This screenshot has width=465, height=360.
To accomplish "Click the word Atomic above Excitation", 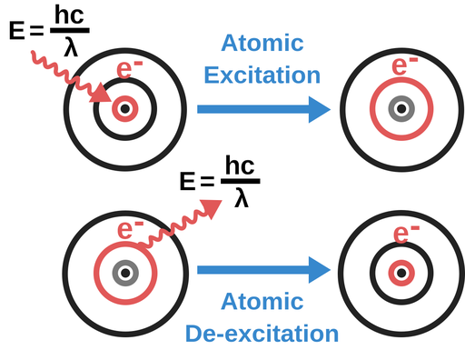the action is pyautogui.click(x=262, y=43).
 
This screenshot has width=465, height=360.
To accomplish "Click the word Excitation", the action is pyautogui.click(x=262, y=75).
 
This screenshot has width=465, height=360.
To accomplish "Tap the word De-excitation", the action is pyautogui.click(x=262, y=334).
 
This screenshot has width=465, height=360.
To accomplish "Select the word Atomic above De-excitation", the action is pyautogui.click(x=262, y=301).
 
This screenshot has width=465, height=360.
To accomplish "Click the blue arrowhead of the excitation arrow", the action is pyautogui.click(x=319, y=109).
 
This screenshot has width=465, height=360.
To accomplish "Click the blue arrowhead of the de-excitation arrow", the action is pyautogui.click(x=319, y=270).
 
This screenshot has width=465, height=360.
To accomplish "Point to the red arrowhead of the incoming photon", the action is pyautogui.click(x=102, y=94).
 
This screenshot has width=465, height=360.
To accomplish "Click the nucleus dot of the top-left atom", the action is pyautogui.click(x=125, y=109).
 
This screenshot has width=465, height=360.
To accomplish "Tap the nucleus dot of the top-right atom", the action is pyautogui.click(x=401, y=109).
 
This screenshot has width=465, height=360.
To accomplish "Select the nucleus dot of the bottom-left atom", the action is pyautogui.click(x=125, y=273).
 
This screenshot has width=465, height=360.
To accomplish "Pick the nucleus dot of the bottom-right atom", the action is pyautogui.click(x=401, y=273).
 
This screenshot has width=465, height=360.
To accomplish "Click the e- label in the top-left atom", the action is pyautogui.click(x=129, y=69).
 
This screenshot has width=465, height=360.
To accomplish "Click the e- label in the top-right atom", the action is pyautogui.click(x=404, y=65).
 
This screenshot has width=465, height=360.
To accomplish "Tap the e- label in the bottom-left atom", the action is pyautogui.click(x=130, y=230).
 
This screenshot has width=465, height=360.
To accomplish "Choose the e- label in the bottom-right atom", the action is pyautogui.click(x=406, y=234).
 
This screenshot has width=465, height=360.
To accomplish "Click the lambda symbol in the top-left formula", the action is pyautogui.click(x=71, y=48).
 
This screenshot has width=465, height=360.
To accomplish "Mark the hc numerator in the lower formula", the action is pyautogui.click(x=240, y=165).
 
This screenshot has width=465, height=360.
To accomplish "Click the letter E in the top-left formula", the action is pyautogui.click(x=16, y=30).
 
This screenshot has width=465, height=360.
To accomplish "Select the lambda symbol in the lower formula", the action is pyautogui.click(x=242, y=199).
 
